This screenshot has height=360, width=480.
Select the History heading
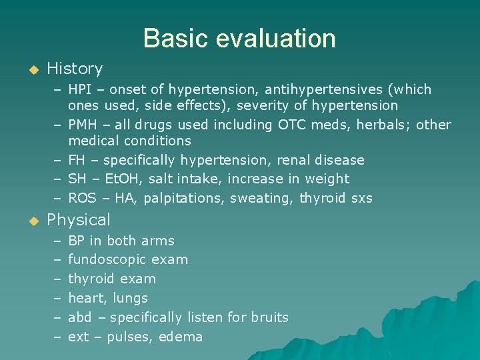(75, 69)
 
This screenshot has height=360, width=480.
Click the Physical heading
(79, 220)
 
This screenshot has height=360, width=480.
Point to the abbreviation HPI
(80, 89)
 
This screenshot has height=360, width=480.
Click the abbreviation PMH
(82, 125)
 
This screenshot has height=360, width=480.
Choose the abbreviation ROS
(82, 198)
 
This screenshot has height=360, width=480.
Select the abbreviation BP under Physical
(77, 241)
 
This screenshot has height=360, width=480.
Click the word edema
(181, 337)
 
